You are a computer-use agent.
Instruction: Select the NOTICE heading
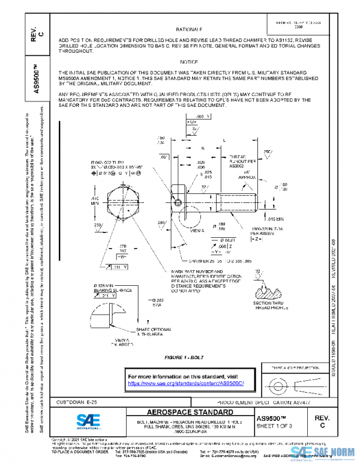(x=189, y=62)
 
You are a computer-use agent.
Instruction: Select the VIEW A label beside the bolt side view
(x=198, y=230)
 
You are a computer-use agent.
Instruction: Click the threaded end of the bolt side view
(x=240, y=201)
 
